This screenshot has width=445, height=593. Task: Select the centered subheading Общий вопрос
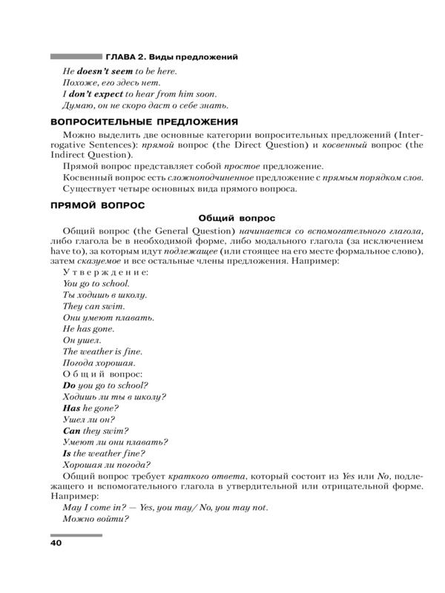[x=237, y=218]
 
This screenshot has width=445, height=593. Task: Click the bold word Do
[x=70, y=385]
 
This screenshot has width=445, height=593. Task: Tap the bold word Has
[x=72, y=408]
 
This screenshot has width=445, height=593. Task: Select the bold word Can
[x=71, y=431]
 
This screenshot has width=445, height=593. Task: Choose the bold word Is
[x=67, y=453]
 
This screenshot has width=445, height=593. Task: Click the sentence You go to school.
[x=96, y=283]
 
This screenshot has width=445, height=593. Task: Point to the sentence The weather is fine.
[x=102, y=351]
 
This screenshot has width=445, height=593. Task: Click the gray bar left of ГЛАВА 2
[x=76, y=56]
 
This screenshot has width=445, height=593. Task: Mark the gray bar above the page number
[x=76, y=534]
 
